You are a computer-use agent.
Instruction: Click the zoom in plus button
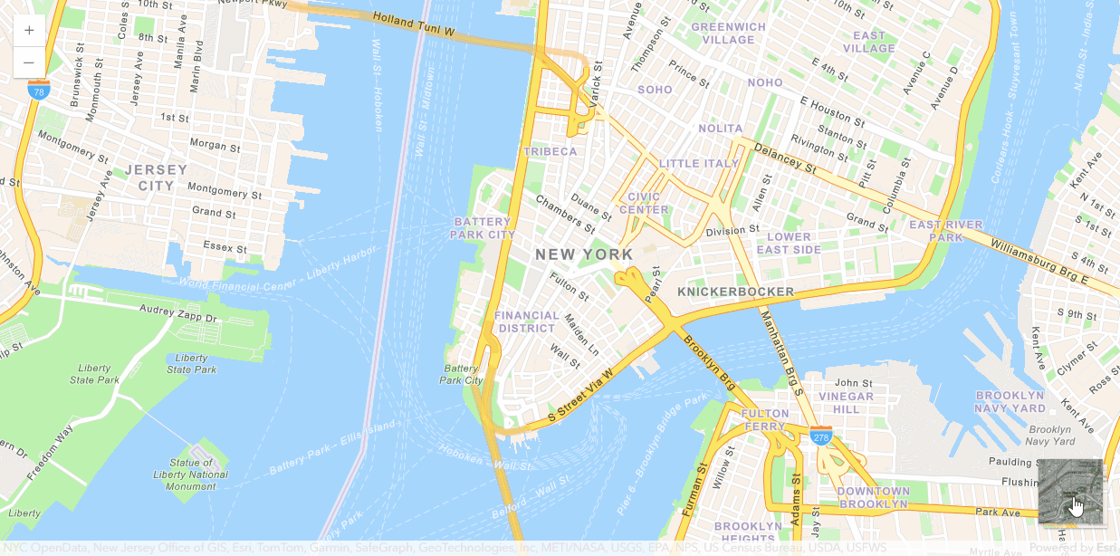[x=29, y=30]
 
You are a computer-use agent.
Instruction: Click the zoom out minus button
[x=29, y=62]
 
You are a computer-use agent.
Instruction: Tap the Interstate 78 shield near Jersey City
[x=38, y=90]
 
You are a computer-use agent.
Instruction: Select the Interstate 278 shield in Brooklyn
[x=821, y=436]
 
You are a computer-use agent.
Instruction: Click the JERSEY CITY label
[x=156, y=177]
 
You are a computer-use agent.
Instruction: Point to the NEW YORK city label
[x=584, y=254]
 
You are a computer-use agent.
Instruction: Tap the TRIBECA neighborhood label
[x=550, y=151]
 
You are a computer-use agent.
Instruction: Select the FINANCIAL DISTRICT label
[x=527, y=321]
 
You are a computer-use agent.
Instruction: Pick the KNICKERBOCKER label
[x=735, y=292]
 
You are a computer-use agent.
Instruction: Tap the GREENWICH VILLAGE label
[x=728, y=34]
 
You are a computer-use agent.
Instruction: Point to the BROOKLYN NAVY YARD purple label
[x=1010, y=402]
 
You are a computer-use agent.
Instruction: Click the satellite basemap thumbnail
[x=1071, y=492]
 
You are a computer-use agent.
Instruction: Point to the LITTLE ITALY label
[x=699, y=163]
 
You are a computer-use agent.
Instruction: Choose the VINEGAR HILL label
[x=846, y=403]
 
